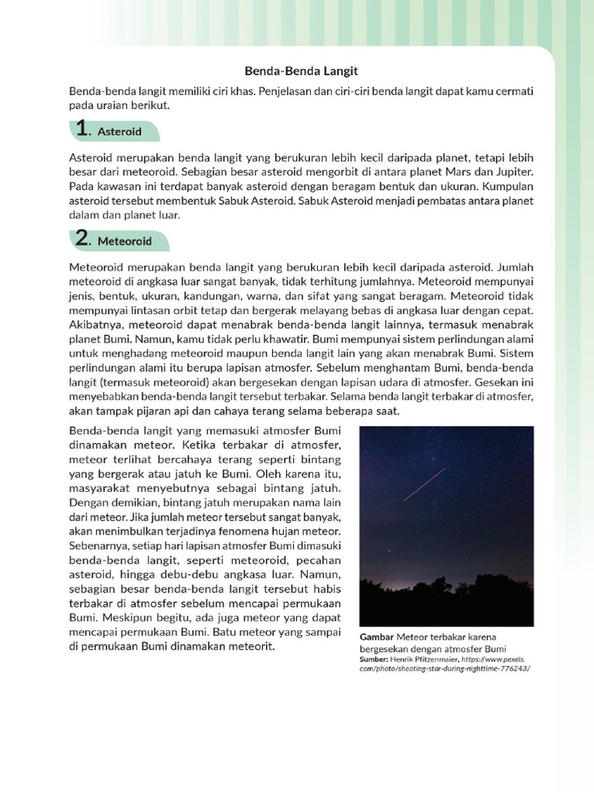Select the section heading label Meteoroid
click(x=125, y=241)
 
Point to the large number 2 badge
click(x=83, y=239)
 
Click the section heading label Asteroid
click(x=120, y=132)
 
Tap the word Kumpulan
click(x=506, y=187)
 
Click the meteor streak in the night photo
click(x=425, y=484)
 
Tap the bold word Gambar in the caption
click(x=377, y=637)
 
